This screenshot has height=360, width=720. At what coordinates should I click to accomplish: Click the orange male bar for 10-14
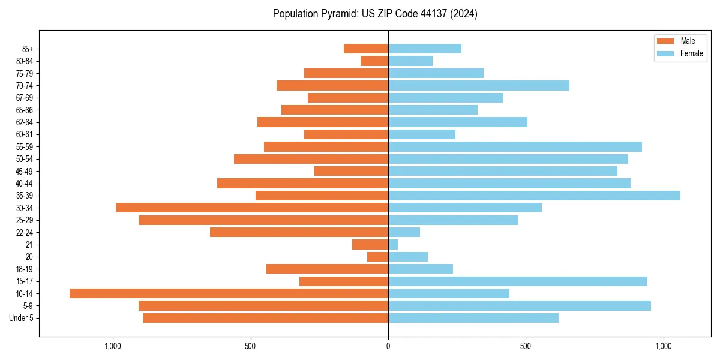[229, 293]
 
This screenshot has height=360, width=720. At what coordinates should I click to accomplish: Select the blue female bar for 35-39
[534, 196]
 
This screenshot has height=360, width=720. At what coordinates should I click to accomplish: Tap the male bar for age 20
[377, 257]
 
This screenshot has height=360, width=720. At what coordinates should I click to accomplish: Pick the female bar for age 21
[393, 244]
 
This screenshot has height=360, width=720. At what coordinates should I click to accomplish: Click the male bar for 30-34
[252, 208]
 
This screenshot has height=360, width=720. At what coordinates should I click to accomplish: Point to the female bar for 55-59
[515, 146]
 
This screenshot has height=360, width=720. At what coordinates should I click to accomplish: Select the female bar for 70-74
[479, 85]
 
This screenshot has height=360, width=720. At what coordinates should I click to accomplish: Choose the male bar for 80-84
[374, 61]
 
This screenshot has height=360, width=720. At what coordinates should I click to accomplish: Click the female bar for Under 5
[473, 318]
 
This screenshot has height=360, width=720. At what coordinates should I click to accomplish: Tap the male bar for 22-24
[299, 232]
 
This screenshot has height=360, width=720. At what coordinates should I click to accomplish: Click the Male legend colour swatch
[666, 41]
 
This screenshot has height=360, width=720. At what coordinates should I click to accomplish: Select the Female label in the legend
[692, 53]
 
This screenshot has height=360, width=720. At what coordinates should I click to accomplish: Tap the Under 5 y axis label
[21, 318]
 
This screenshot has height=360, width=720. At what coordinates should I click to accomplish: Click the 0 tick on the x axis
[388, 346]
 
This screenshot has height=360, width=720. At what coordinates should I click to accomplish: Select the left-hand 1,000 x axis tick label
[113, 346]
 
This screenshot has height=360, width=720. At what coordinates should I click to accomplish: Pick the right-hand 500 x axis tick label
[526, 346]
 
